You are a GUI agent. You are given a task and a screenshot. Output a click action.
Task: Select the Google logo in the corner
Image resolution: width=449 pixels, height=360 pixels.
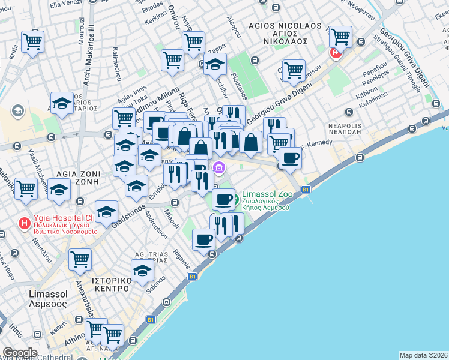(20, 352)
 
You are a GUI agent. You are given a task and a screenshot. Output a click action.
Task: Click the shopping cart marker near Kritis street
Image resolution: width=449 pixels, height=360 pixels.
(32, 41)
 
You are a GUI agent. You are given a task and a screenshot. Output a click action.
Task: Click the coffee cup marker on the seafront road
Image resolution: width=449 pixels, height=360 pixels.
(203, 239)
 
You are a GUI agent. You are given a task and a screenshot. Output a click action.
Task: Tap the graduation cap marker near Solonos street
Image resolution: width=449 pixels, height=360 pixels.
(142, 269)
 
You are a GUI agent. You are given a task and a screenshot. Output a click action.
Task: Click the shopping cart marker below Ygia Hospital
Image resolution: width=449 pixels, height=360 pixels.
(80, 259)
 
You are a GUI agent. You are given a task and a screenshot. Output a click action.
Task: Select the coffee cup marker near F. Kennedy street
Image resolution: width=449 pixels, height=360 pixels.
(291, 158)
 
